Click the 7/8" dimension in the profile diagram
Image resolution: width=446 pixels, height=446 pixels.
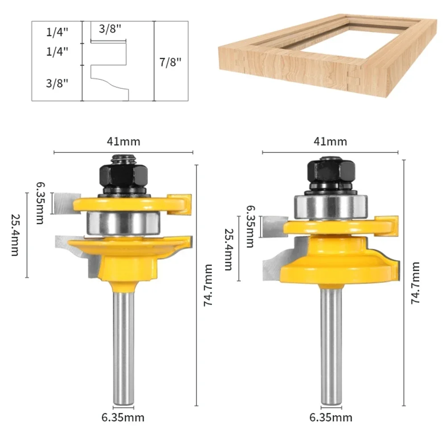click(x=170, y=62)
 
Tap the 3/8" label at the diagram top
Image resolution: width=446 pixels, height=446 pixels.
click(x=110, y=29)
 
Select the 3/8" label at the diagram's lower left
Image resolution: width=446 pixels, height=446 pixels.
click(x=57, y=83)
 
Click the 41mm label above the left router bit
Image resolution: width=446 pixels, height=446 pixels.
click(x=124, y=141)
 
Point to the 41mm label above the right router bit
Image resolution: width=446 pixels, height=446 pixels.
click(x=330, y=141)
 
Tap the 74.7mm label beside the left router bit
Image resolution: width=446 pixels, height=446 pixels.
click(x=208, y=285)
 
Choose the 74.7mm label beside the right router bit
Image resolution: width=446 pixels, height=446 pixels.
click(x=416, y=283)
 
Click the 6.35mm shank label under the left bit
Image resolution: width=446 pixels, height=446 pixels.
click(x=123, y=417)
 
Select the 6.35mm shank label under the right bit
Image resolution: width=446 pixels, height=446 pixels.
click(x=331, y=417)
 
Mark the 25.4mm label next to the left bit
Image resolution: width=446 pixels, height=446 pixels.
click(x=15, y=235)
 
